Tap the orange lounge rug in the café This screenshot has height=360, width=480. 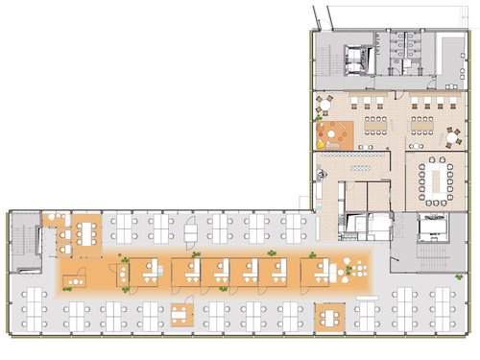(334, 133)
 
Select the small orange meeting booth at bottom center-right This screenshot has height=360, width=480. (329, 314)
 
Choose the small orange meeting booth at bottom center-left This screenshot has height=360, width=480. (180, 313)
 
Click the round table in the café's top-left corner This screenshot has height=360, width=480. (324, 102)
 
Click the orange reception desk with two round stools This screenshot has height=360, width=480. (77, 279)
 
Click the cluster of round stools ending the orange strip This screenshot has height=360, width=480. (356, 268)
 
